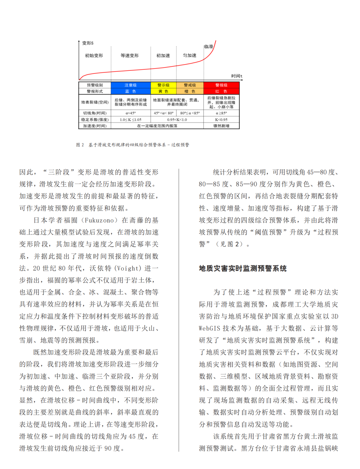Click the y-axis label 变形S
point(88,43)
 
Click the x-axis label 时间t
point(237,76)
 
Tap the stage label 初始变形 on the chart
point(94,56)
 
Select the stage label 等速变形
point(130,56)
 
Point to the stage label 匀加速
point(190,55)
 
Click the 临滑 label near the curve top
point(209,47)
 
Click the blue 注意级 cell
point(131,85)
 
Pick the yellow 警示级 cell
point(163,85)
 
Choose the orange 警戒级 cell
point(190,85)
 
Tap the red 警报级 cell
point(221,85)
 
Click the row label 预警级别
point(95,85)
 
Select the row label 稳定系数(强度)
point(95,119)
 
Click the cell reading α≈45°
point(131,113)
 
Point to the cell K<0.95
point(221,119)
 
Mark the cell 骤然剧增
point(221,126)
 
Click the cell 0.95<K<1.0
point(177,119)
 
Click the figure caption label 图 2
point(80,145)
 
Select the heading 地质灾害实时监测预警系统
point(243,269)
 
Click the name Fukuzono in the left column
point(101,220)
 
